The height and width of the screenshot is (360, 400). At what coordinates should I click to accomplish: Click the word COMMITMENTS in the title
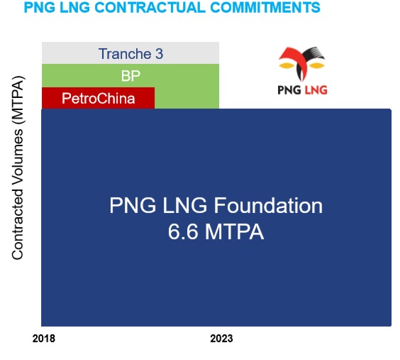pyautogui.click(x=265, y=7)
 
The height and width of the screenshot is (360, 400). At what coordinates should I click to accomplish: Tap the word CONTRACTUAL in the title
pyautogui.click(x=150, y=7)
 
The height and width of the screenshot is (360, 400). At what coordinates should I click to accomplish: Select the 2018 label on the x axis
pyautogui.click(x=44, y=339)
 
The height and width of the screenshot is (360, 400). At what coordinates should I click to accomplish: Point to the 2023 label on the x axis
pyautogui.click(x=221, y=339)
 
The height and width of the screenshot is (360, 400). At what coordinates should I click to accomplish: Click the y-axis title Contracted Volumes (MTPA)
pyautogui.click(x=18, y=168)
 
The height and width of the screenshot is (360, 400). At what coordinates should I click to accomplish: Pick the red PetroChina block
pyautogui.click(x=98, y=98)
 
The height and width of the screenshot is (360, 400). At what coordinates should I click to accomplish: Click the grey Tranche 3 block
pyautogui.click(x=130, y=53)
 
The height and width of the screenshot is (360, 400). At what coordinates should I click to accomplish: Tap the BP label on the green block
pyautogui.click(x=130, y=76)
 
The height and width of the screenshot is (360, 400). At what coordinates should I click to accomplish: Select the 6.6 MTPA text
pyautogui.click(x=216, y=231)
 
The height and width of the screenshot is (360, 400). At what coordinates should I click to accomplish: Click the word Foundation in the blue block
pyautogui.click(x=268, y=205)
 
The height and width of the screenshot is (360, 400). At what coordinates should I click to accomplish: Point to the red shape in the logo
pyautogui.click(x=294, y=60)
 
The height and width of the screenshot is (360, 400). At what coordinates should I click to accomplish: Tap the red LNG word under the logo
pyautogui.click(x=316, y=90)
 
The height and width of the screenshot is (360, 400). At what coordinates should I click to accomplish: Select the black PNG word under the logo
pyautogui.click(x=289, y=90)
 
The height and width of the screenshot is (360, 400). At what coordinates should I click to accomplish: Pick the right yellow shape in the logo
pyautogui.click(x=316, y=65)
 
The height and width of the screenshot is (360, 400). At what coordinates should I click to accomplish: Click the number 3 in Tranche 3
pyautogui.click(x=159, y=54)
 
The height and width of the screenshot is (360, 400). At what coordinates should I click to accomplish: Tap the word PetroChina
pyautogui.click(x=98, y=98)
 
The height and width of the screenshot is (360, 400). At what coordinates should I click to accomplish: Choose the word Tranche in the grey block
pyautogui.click(x=125, y=54)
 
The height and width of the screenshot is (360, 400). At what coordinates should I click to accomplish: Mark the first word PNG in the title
pyautogui.click(x=39, y=7)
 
